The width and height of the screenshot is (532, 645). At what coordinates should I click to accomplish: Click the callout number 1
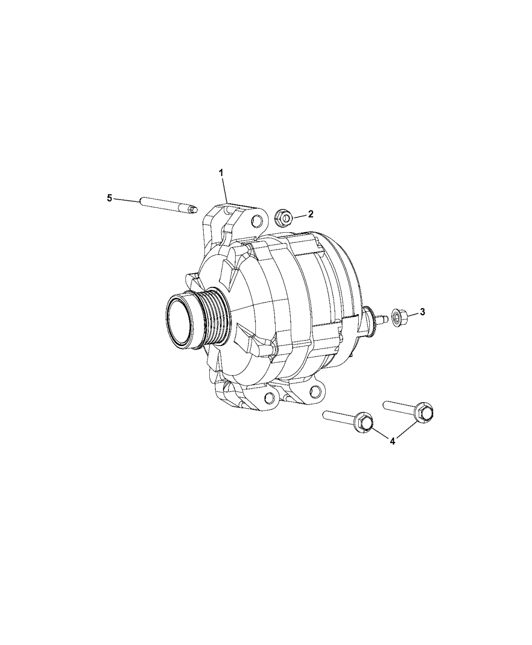click(x=221, y=173)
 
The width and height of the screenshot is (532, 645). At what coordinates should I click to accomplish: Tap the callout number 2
click(x=311, y=214)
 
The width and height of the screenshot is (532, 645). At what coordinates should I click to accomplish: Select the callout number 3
click(x=422, y=312)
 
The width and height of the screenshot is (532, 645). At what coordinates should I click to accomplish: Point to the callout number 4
click(x=393, y=441)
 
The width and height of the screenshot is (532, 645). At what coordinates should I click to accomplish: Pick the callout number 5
click(x=109, y=198)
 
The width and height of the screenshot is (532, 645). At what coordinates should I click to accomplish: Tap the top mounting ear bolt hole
click(x=258, y=221)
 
